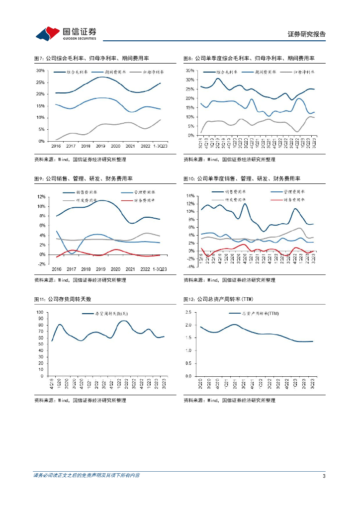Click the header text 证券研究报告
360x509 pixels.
[307, 34]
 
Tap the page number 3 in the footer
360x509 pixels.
[324, 476]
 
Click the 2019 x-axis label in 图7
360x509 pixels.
[101, 146]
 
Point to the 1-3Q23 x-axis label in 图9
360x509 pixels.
[160, 269]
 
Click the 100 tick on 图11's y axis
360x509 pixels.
[40, 312]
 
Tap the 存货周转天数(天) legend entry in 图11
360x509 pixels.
[112, 314]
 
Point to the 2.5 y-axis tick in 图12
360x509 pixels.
[188, 312]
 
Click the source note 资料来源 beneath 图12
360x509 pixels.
[229, 400]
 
